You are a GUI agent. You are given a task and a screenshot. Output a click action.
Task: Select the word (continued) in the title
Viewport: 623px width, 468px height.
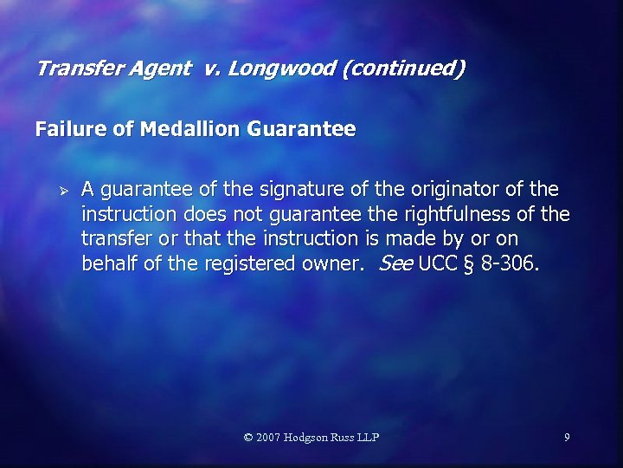click(403, 68)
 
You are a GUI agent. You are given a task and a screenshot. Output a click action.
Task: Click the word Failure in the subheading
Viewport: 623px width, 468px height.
click(65, 130)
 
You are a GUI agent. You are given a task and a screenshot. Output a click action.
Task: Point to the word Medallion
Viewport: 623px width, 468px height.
click(180, 130)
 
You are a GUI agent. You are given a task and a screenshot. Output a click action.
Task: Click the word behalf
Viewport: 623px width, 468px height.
click(109, 263)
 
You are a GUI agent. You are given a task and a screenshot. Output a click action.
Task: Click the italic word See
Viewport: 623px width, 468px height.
click(396, 263)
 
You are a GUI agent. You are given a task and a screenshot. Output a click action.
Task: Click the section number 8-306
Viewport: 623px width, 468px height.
click(512, 263)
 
